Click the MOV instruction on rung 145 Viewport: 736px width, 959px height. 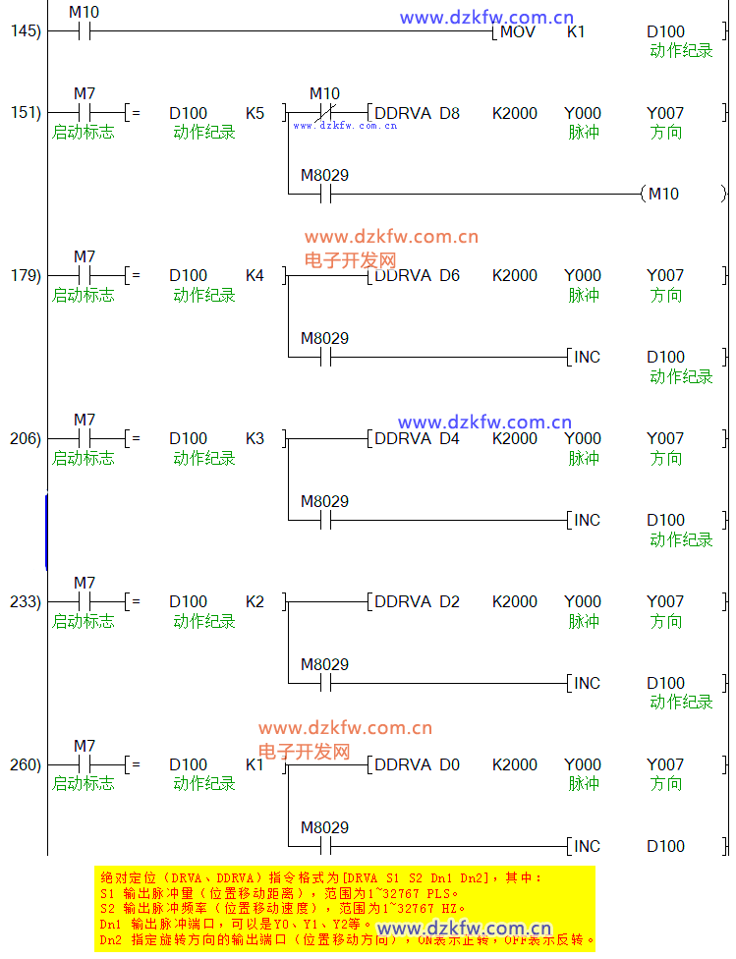(517, 31)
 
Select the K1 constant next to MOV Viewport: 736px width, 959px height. (576, 31)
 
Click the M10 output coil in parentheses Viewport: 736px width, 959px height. (663, 194)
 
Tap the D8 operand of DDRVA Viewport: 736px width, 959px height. (449, 113)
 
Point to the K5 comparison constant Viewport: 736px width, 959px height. (255, 113)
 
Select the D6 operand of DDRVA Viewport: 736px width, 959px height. (449, 275)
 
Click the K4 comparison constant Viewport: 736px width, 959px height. (255, 275)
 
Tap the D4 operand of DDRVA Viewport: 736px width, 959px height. (449, 438)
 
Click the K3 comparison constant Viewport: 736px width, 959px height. (255, 438)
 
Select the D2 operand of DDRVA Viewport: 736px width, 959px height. (449, 601)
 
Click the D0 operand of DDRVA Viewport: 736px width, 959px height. (449, 764)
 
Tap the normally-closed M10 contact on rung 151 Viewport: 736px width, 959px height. (325, 113)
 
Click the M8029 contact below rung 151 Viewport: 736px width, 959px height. (325, 194)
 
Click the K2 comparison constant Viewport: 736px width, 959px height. (255, 601)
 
